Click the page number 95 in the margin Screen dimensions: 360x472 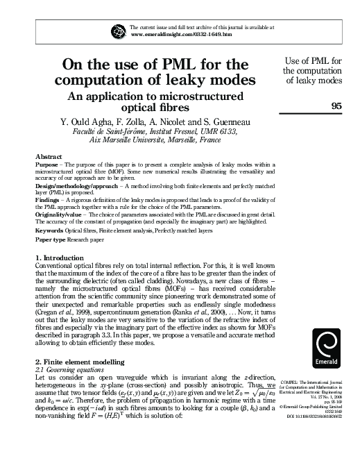click(x=337, y=106)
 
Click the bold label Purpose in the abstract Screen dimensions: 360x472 click(x=46, y=165)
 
